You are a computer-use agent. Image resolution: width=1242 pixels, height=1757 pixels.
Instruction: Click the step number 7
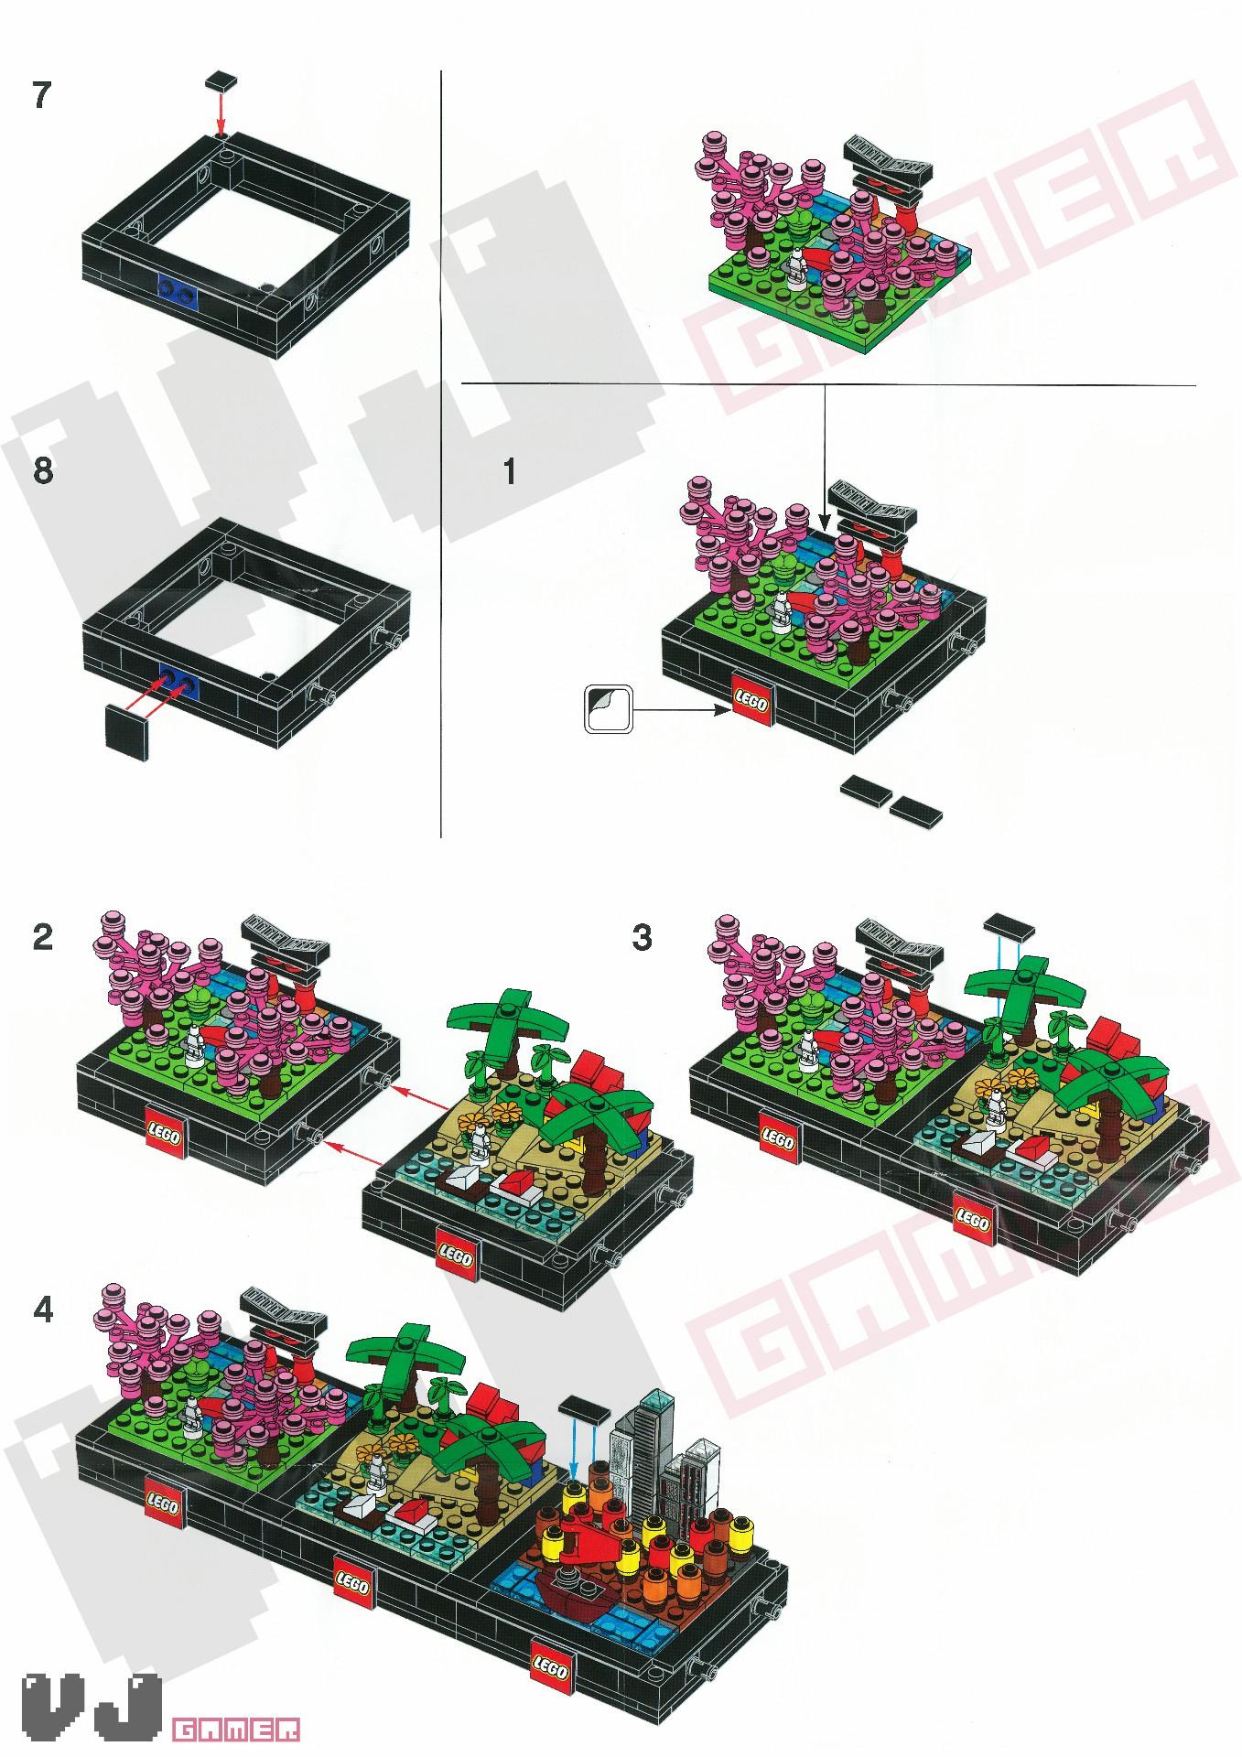[42, 95]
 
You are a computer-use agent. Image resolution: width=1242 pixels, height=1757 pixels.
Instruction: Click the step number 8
[43, 471]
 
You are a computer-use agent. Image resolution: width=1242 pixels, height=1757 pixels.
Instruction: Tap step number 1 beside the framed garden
[510, 472]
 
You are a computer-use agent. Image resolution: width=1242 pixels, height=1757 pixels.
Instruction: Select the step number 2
[43, 938]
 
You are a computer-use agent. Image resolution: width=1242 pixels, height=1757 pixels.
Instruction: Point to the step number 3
[643, 938]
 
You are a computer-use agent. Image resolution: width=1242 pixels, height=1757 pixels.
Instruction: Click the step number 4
[43, 1310]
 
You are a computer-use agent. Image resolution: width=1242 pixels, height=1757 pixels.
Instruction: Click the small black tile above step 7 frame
[221, 81]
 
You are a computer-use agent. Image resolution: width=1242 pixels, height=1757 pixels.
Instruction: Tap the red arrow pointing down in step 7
[220, 113]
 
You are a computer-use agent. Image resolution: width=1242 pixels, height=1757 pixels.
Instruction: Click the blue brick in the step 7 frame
[178, 291]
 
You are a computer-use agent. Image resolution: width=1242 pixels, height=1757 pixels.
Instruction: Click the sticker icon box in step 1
[609, 709]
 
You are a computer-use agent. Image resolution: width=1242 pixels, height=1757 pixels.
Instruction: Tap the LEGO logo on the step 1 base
[751, 703]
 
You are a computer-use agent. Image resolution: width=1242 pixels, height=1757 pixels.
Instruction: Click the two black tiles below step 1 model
[891, 800]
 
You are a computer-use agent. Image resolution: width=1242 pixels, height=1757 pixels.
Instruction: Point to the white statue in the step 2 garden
[194, 1046]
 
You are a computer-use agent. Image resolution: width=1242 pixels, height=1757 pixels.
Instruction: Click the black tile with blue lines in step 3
[1009, 927]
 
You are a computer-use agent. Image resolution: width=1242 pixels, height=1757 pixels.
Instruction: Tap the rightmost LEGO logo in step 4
[550, 1667]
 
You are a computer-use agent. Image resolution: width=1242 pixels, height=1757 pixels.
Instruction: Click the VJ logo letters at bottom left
[92, 1707]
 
